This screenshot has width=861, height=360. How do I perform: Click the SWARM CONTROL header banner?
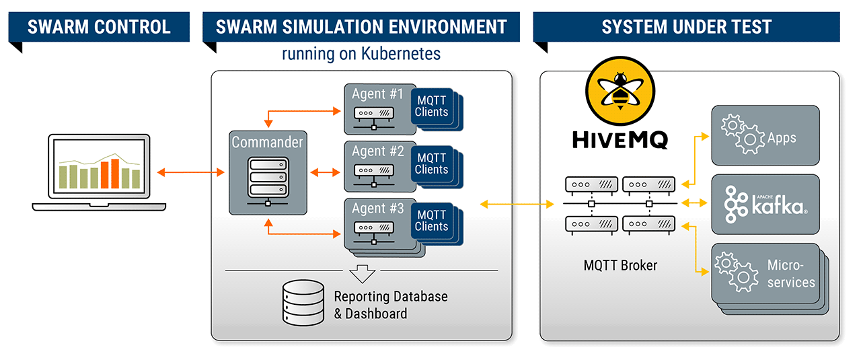click(x=99, y=28)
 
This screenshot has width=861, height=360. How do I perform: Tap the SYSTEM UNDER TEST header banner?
click(x=687, y=28)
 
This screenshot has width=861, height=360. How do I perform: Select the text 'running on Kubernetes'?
click(x=361, y=54)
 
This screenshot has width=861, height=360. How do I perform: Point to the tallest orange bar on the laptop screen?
click(x=114, y=174)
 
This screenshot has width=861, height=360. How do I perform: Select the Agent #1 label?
click(x=378, y=94)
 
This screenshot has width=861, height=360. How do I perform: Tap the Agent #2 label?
click(x=378, y=151)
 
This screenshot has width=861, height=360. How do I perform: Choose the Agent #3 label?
click(x=378, y=209)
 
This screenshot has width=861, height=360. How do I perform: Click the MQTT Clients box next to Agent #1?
click(x=432, y=107)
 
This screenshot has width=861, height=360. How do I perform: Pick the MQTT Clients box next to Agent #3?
click(x=432, y=221)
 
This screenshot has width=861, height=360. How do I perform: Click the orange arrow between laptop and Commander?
click(x=190, y=173)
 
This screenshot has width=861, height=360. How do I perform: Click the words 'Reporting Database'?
click(x=391, y=297)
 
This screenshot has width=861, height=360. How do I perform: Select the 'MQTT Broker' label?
click(x=620, y=265)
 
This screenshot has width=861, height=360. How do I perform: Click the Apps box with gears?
click(x=765, y=135)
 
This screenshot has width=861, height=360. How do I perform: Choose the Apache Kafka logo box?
click(x=765, y=204)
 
